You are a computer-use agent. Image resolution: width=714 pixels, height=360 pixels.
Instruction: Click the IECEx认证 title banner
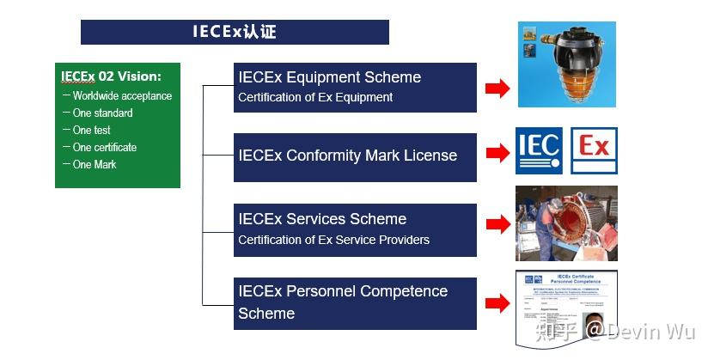tap(235, 33)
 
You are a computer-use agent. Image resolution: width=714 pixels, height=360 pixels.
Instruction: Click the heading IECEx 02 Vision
tap(111, 76)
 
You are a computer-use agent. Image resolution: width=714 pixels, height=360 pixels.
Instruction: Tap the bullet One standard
tap(102, 113)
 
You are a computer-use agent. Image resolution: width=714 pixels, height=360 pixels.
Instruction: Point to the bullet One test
tap(91, 131)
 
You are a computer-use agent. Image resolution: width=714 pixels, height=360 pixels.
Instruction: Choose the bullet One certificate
tap(104, 148)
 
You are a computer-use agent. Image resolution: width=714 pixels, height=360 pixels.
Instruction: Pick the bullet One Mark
tap(94, 165)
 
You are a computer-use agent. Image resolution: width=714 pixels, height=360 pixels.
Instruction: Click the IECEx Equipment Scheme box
tap(355, 87)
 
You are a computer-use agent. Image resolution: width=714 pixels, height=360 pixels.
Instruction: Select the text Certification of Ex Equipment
tap(315, 98)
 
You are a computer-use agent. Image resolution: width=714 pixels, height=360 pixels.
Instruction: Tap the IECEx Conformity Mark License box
tap(355, 156)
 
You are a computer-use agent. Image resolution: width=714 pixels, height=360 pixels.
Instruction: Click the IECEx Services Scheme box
tap(355, 229)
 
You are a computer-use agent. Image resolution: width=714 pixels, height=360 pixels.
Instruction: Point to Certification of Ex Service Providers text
tap(333, 240)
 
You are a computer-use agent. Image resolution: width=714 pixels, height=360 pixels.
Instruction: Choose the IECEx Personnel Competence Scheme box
tap(355, 302)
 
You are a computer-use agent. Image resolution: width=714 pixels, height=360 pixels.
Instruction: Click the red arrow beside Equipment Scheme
tap(497, 88)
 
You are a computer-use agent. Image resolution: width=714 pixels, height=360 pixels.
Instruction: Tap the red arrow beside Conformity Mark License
tap(497, 154)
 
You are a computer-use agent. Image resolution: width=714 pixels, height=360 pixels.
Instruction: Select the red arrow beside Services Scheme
tap(497, 225)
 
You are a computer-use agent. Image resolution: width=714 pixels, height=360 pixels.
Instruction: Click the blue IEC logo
tap(539, 151)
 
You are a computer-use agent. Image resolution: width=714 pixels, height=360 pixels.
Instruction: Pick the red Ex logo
tap(594, 151)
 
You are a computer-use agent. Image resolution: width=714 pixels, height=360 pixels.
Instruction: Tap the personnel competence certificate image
tap(566, 307)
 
